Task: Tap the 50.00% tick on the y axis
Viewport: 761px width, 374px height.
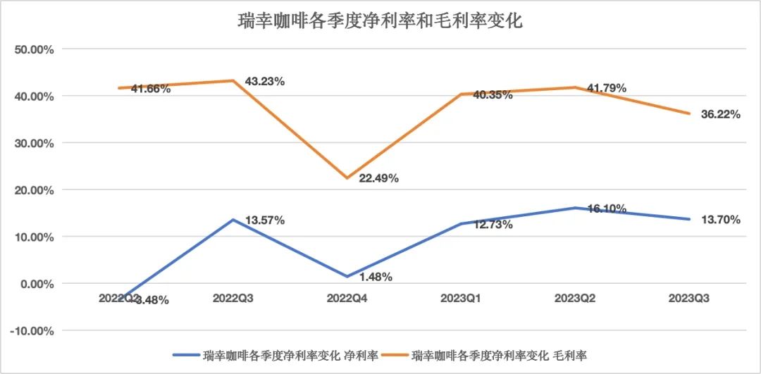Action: (35, 49)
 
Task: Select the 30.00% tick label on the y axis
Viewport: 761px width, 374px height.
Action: (35, 143)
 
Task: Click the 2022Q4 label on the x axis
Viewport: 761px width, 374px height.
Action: (348, 299)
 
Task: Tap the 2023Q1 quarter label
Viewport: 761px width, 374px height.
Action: (461, 299)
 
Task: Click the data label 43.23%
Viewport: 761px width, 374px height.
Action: (264, 82)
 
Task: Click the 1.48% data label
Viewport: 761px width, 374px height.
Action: (374, 277)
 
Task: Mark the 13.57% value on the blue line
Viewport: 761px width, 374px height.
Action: (264, 220)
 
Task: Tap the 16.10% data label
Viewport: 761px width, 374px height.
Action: (605, 209)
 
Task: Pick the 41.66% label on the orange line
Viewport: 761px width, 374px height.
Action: (151, 89)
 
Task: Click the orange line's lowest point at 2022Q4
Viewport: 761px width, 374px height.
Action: (347, 177)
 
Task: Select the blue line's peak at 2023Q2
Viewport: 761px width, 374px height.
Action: (574, 208)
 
